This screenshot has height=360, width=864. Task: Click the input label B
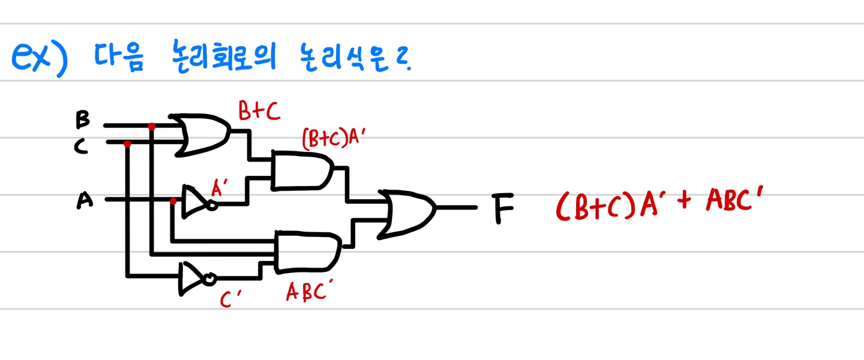pos(82,119)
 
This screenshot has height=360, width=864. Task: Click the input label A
pos(85,200)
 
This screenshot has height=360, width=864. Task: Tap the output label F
pos(504,208)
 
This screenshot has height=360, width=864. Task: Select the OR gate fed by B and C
pos(202,135)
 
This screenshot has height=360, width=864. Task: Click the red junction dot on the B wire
pos(151,127)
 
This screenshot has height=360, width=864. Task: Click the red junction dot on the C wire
pos(127,144)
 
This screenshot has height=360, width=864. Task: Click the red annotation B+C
pos(259,112)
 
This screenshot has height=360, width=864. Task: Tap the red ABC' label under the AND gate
pos(309,292)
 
